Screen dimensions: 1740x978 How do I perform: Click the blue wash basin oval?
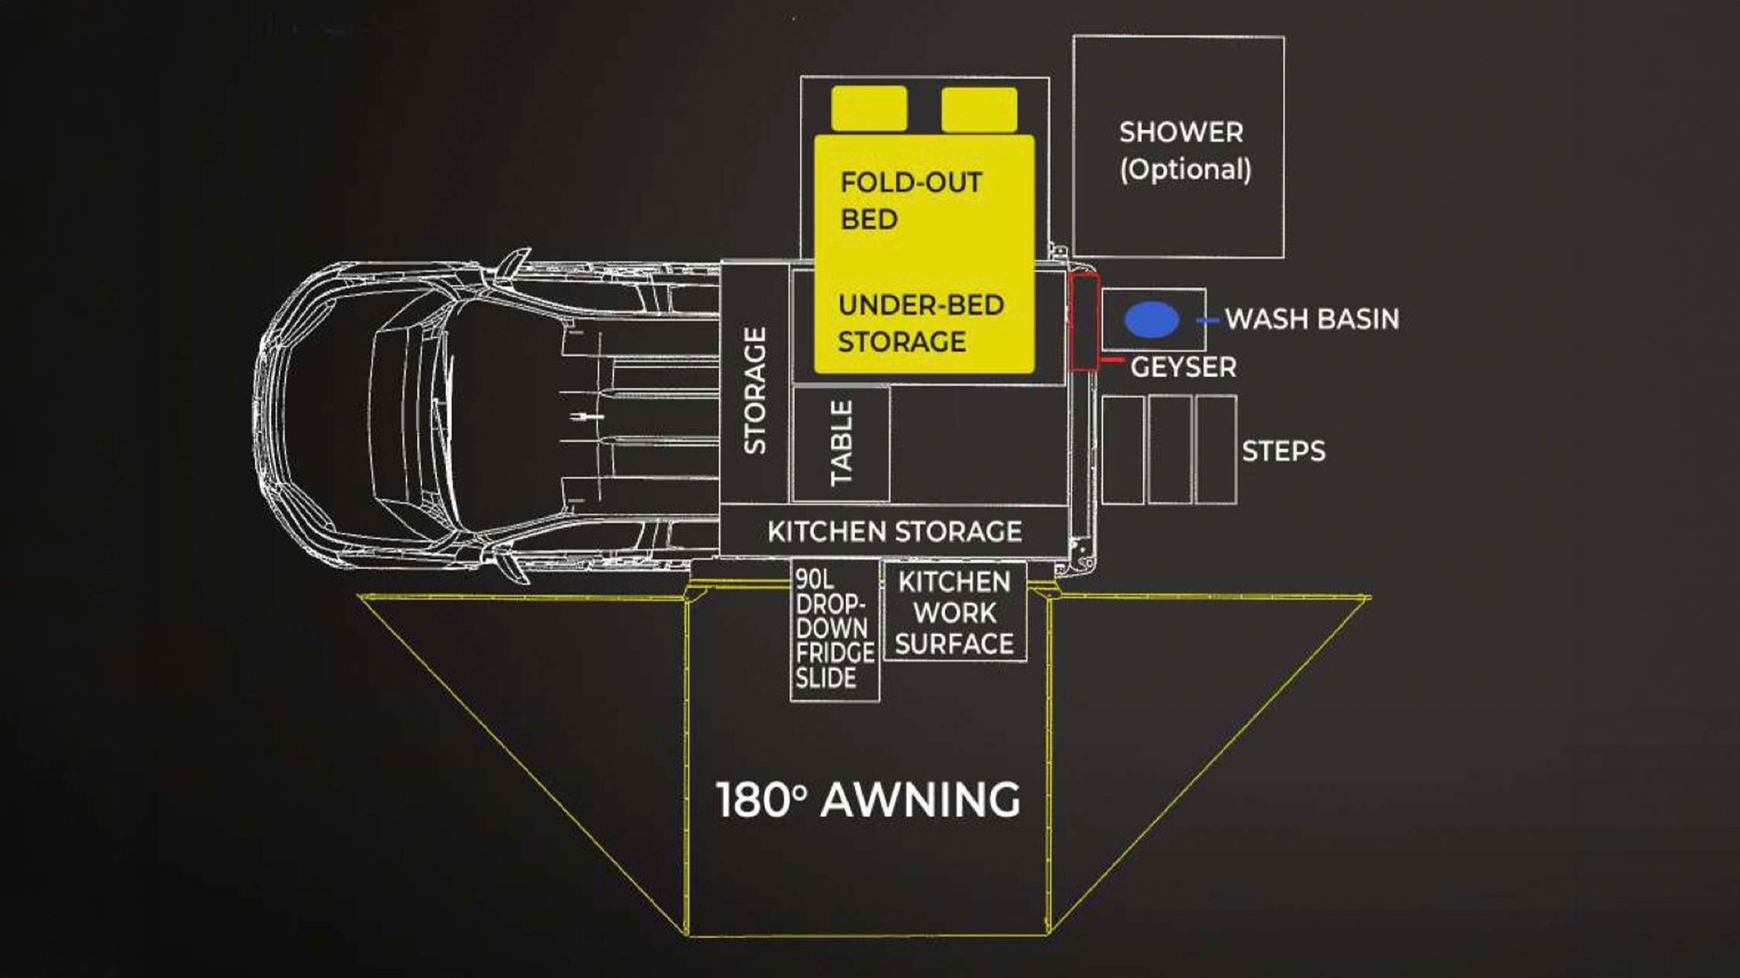pyautogui.click(x=1151, y=319)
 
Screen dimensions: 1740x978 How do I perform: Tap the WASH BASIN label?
pyautogui.click(x=1312, y=319)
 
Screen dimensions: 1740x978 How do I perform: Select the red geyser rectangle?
pyautogui.click(x=1083, y=322)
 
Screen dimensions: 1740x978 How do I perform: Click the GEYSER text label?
pyautogui.click(x=1183, y=367)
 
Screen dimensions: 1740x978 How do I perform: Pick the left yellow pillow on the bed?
pyautogui.click(x=869, y=109)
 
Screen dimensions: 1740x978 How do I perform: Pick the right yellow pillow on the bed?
pyautogui.click(x=979, y=109)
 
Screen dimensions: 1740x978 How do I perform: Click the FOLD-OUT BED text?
pyautogui.click(x=911, y=201)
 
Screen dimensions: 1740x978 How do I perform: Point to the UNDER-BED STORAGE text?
pyautogui.click(x=921, y=323)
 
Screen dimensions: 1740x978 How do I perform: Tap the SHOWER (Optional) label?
pyautogui.click(x=1184, y=151)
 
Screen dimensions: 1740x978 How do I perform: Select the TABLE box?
pyautogui.click(x=841, y=444)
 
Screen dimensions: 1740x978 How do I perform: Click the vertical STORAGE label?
pyautogui.click(x=755, y=390)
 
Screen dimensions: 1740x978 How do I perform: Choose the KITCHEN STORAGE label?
pyautogui.click(x=895, y=532)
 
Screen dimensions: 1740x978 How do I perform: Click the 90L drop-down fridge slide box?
pyautogui.click(x=835, y=630)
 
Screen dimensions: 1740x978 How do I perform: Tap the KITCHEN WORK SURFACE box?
pyautogui.click(x=955, y=612)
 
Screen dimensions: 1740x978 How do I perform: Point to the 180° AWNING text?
pyautogui.click(x=868, y=799)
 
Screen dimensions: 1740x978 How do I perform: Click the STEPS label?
pyautogui.click(x=1284, y=451)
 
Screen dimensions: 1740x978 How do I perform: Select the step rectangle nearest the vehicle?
pyautogui.click(x=1123, y=450)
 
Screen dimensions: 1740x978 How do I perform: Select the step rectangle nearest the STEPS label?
pyautogui.click(x=1216, y=450)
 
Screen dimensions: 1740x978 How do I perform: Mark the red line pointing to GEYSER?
pyautogui.click(x=1112, y=360)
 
